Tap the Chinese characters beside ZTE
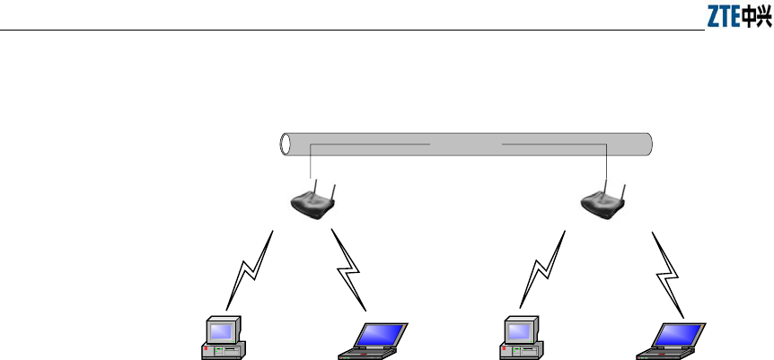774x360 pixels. click(755, 18)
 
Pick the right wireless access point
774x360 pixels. click(603, 202)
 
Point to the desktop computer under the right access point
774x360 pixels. click(520, 338)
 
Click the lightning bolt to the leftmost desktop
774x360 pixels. click(249, 268)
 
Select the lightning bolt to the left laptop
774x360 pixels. click(349, 268)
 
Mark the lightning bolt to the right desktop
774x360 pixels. click(544, 268)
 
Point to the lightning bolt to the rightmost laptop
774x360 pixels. click(668, 268)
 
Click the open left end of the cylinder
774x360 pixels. click(286, 144)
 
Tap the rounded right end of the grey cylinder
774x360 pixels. click(648, 144)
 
